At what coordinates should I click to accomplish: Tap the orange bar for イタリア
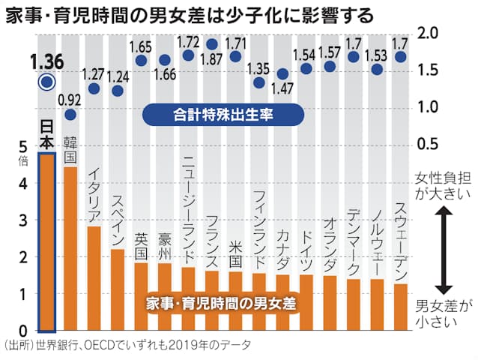[x=94, y=278]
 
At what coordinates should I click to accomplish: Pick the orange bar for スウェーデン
[x=400, y=307]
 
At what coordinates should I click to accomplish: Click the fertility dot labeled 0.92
[x=70, y=115]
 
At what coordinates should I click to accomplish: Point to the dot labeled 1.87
[x=212, y=44]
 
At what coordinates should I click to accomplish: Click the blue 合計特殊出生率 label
[x=223, y=115]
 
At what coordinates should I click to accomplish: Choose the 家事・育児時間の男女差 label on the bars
[x=223, y=305]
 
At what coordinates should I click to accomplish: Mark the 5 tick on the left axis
[x=23, y=147]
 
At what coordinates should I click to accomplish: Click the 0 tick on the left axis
[x=23, y=331]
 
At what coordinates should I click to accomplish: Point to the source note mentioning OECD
[x=127, y=345]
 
